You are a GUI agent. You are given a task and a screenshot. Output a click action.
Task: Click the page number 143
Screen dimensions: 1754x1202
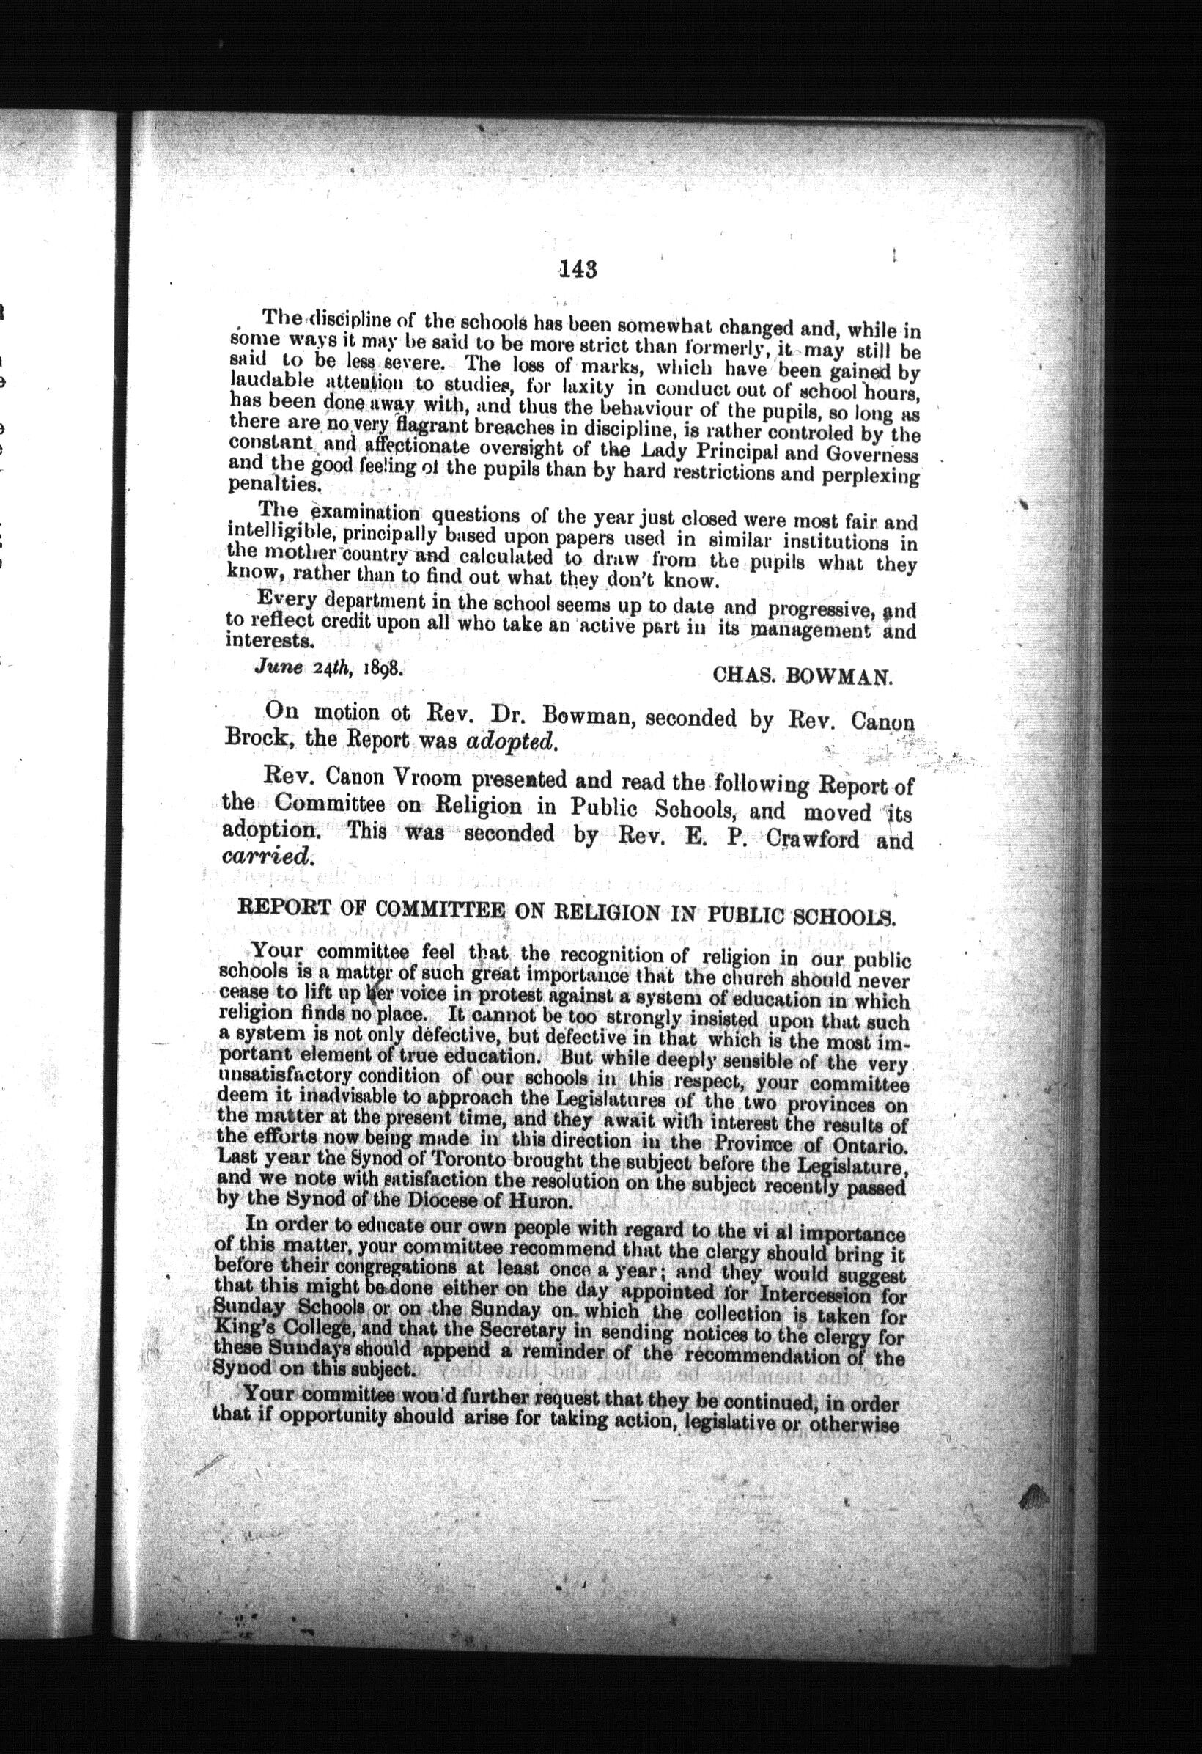click(x=579, y=269)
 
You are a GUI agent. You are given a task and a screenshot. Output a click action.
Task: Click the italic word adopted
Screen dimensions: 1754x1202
click(x=512, y=741)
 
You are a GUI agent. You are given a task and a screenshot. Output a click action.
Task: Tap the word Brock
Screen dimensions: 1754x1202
click(x=254, y=740)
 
